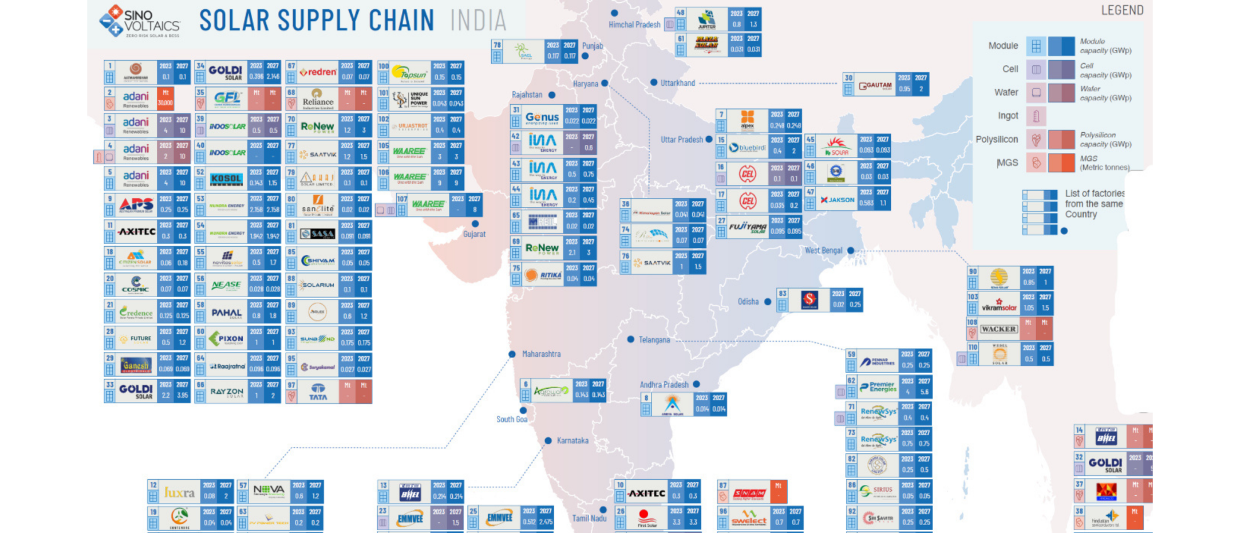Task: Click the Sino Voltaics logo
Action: click(140, 22)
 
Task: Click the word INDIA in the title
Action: click(478, 21)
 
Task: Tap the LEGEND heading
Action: click(1122, 10)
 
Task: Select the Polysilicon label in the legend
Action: click(996, 140)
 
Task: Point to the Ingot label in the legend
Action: click(1008, 116)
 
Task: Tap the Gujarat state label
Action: click(474, 234)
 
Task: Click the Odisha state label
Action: click(748, 302)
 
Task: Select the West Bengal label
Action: click(823, 250)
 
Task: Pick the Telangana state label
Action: click(654, 340)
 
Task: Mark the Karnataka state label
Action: click(572, 441)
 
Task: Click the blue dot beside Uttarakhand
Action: click(654, 82)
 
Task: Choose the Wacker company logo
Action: click(998, 329)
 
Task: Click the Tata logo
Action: click(318, 392)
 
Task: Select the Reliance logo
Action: click(318, 99)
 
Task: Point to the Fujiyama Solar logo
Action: click(747, 227)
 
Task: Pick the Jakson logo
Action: click(837, 200)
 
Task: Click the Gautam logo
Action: click(875, 85)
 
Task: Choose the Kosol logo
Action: click(226, 179)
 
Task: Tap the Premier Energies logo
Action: click(878, 386)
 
